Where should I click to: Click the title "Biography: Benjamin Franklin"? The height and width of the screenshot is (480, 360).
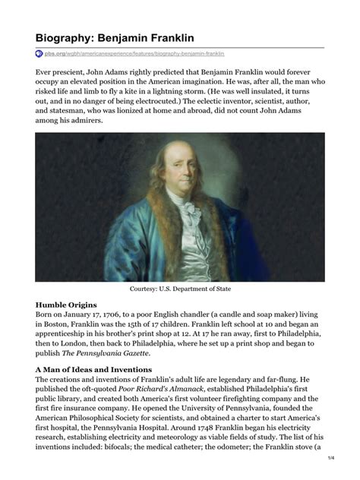[x=114, y=37]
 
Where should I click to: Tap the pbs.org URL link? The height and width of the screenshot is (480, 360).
[x=134, y=54]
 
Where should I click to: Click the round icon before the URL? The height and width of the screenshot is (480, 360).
[x=39, y=54]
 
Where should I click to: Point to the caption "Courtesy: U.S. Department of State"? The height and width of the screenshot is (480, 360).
[x=180, y=289]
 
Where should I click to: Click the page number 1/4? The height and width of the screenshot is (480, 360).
[x=330, y=459]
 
